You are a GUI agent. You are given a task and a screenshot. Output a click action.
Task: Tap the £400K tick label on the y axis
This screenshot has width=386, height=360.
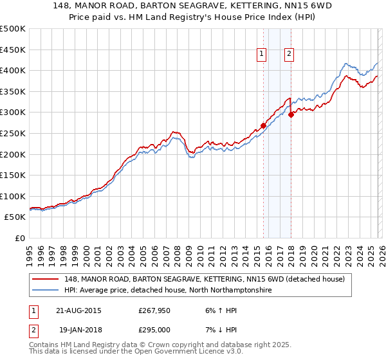[13, 70]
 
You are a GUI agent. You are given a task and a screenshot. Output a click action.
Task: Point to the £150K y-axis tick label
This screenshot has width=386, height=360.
[13, 175]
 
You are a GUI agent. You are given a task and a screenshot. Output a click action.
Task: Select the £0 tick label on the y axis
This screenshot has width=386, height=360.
[20, 238]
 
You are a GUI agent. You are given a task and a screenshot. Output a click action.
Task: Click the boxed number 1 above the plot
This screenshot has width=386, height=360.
[262, 55]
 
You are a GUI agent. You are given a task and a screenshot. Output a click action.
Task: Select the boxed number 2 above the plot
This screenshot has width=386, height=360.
[289, 55]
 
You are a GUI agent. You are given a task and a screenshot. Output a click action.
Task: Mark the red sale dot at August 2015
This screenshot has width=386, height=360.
[264, 126]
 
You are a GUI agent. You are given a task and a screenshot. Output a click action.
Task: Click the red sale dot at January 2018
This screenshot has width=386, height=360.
[291, 115]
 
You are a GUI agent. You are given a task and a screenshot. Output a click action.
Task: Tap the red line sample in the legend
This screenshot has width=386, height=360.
[46, 279]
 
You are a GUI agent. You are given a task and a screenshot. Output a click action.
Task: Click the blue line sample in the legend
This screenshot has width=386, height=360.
[46, 290]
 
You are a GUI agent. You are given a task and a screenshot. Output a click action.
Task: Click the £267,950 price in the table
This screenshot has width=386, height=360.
[153, 310]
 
